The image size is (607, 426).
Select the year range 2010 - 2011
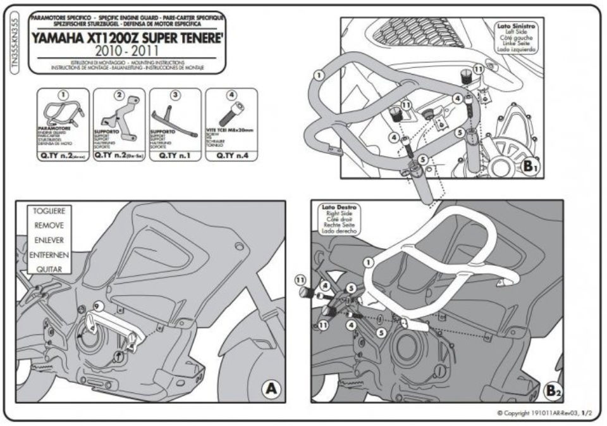coord(126,50)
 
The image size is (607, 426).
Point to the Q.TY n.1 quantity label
coord(175,153)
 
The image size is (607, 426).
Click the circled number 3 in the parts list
coord(176,94)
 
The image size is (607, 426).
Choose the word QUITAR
coord(49,270)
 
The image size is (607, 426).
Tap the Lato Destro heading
coord(340,207)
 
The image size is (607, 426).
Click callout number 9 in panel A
coord(96,306)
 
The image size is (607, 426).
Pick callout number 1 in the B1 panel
coord(318,75)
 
